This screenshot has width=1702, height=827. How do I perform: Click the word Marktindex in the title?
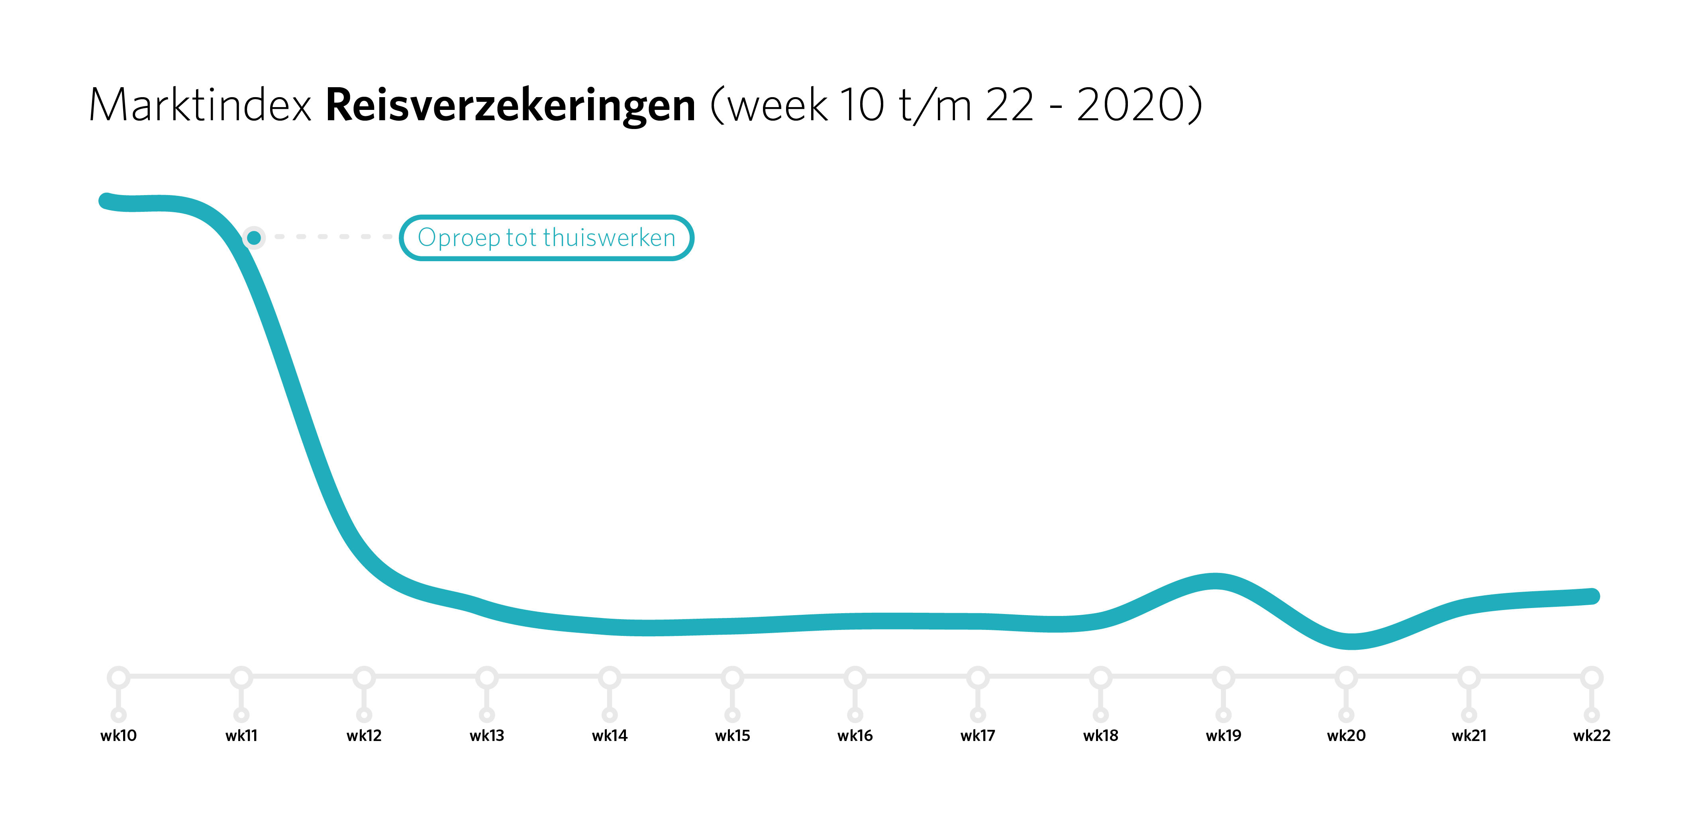(200, 106)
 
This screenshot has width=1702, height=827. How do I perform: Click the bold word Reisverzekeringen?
(510, 106)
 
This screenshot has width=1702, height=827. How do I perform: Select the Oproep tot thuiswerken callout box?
(546, 238)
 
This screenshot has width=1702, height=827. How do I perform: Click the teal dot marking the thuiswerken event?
(254, 237)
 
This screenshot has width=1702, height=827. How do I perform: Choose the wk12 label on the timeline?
(364, 735)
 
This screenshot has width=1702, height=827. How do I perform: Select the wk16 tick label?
(855, 735)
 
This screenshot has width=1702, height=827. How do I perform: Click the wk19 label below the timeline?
(1223, 735)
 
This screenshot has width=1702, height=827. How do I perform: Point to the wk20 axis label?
(1346, 735)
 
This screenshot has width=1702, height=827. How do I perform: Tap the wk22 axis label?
(1592, 735)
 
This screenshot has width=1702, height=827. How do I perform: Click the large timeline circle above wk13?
(487, 677)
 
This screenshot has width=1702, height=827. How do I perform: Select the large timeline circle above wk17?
(978, 677)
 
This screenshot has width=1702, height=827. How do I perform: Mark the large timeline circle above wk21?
(1469, 677)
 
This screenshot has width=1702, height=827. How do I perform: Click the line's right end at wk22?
(1592, 596)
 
